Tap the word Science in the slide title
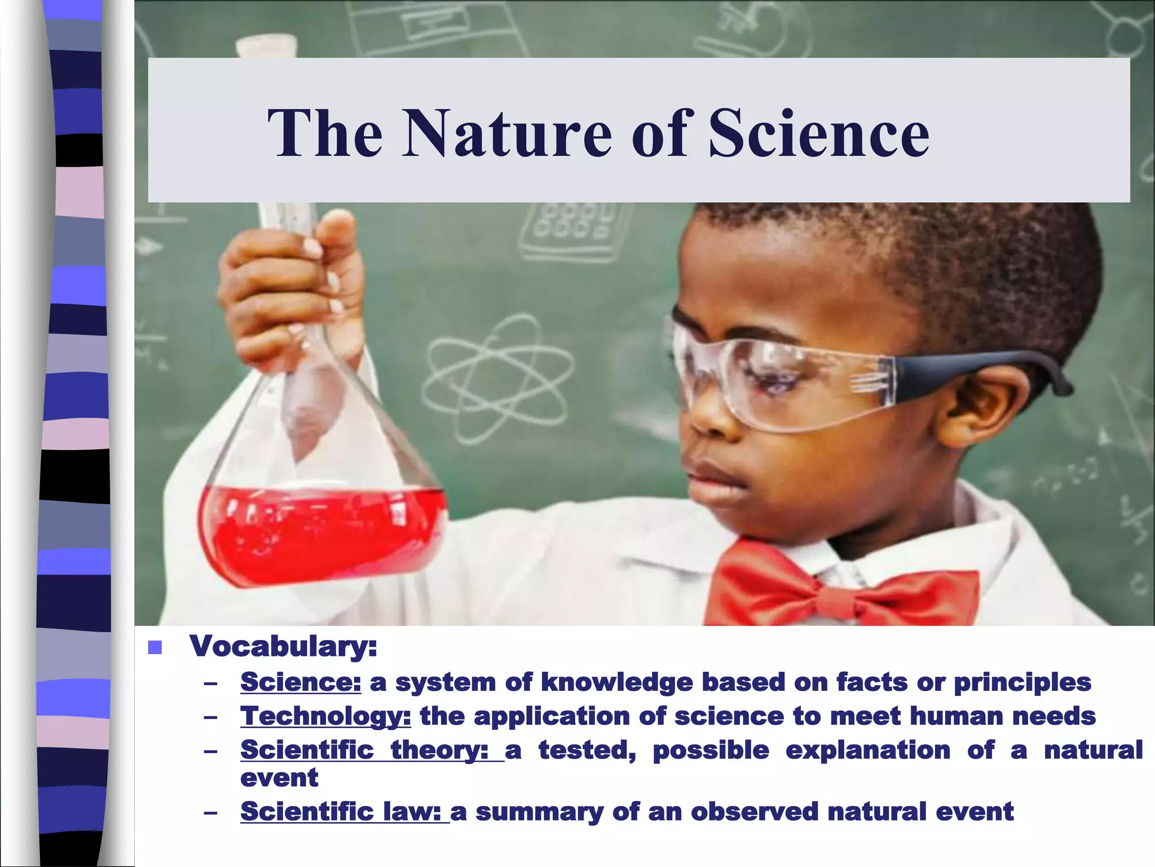[x=818, y=134]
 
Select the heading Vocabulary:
[x=283, y=646]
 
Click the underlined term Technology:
[x=325, y=716]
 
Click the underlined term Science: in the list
[x=300, y=682]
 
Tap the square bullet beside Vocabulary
[x=155, y=647]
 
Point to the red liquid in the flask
[x=321, y=531]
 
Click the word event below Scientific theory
[x=279, y=778]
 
